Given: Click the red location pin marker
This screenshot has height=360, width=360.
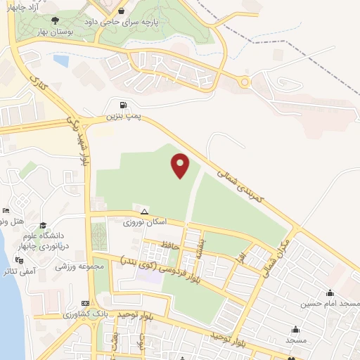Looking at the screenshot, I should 181,165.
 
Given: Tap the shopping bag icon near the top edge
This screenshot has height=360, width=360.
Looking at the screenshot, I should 122,11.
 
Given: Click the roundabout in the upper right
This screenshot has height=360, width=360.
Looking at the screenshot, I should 245,82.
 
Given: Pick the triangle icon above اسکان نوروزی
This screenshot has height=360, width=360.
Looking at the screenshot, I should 144,211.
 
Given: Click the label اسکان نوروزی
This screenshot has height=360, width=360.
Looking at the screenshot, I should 145,221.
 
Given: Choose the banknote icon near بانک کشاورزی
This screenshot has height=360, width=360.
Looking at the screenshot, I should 86,303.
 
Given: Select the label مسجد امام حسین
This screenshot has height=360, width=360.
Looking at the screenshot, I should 330,303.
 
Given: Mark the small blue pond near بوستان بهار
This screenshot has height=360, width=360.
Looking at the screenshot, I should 60,61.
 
